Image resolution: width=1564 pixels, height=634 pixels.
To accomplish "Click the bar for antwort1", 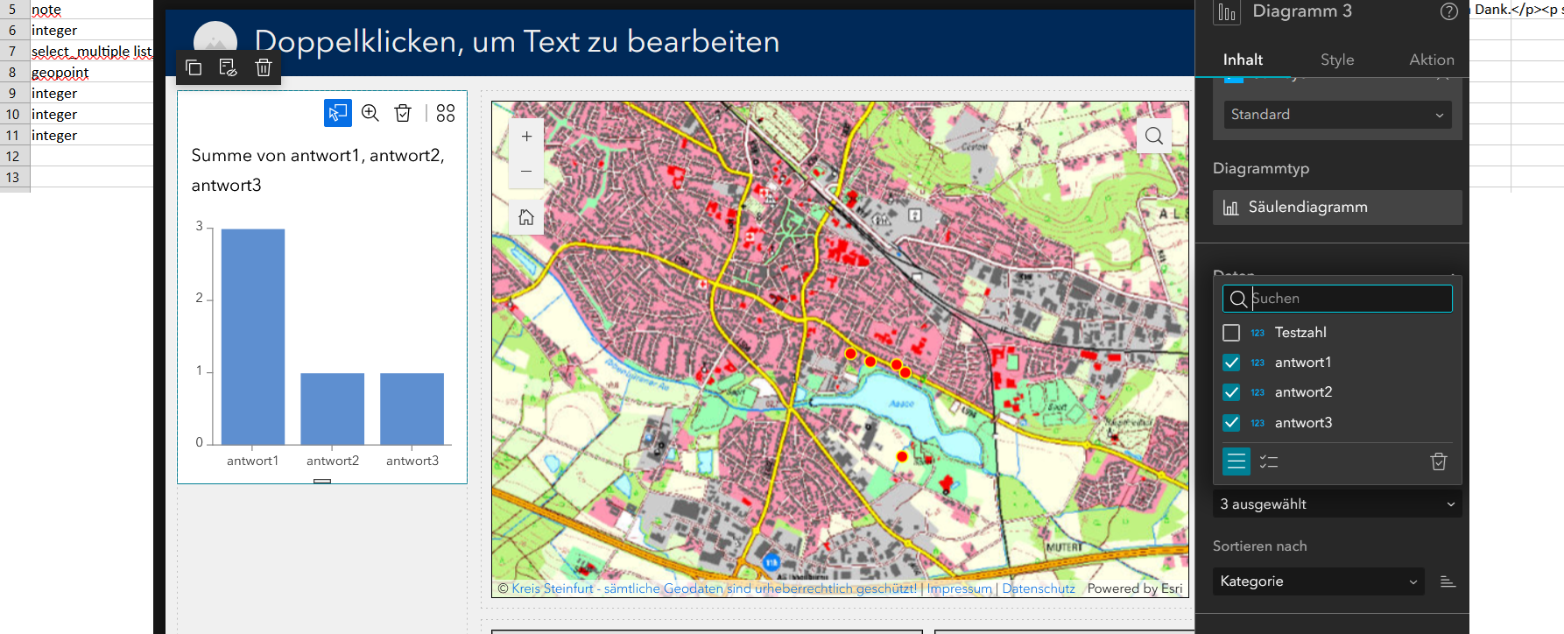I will point(252,336).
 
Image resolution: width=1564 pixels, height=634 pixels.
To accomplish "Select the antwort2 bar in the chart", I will point(332,408).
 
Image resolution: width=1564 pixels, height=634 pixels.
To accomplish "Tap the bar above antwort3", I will point(412,408).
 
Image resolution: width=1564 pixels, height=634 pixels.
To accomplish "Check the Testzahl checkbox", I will point(1231,333).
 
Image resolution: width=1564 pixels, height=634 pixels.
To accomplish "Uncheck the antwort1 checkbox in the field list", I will point(1231,363).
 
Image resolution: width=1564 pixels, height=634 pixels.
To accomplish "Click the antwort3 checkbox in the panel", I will point(1231,423).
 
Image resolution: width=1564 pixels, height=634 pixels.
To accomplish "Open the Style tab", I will point(1337,60).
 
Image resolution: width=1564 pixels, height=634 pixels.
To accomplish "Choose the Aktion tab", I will point(1431,60).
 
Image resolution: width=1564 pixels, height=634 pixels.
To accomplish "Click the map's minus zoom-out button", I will point(526,172).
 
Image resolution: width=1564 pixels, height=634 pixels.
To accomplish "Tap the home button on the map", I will point(526,217).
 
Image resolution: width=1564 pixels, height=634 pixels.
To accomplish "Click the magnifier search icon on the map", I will point(1154,136).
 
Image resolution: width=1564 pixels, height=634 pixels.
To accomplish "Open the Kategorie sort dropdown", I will point(1318,581).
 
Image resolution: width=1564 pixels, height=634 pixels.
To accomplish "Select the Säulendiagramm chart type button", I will point(1337,208).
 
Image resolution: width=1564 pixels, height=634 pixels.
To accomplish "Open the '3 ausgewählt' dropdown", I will point(1337,504).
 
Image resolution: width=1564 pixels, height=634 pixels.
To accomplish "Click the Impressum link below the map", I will point(959,588).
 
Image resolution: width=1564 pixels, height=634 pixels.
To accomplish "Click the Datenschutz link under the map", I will point(1038,588).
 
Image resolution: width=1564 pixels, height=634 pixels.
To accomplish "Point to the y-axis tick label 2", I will point(200,298).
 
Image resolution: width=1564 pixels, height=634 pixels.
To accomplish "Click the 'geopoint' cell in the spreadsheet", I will point(60,73).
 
